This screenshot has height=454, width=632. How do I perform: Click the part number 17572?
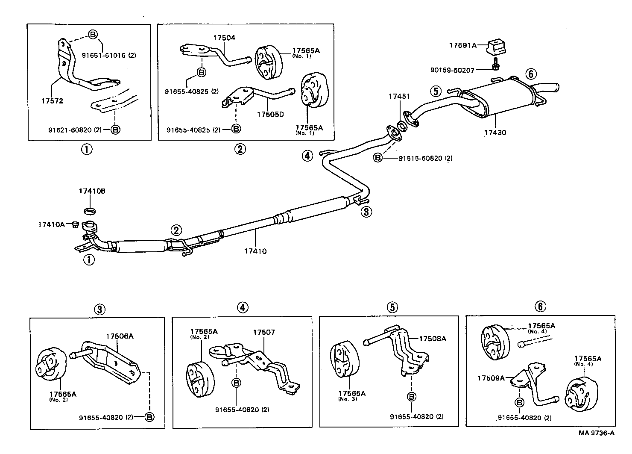[x=52, y=101]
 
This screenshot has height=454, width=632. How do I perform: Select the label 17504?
[x=224, y=38]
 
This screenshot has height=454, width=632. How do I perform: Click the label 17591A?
[x=462, y=44]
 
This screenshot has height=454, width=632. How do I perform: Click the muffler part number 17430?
[x=495, y=133]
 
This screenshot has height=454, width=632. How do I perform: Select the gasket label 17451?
[x=399, y=97]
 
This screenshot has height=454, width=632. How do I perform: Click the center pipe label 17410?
[x=255, y=251]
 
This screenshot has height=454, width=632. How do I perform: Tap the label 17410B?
[x=91, y=191]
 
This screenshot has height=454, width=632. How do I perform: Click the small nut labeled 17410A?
[x=75, y=224]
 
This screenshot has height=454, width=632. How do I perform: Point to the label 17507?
[x=264, y=332]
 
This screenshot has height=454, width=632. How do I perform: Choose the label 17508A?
[x=432, y=339]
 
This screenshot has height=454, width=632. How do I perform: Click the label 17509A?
[x=491, y=378]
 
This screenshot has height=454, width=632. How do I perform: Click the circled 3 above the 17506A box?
[x=99, y=309]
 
